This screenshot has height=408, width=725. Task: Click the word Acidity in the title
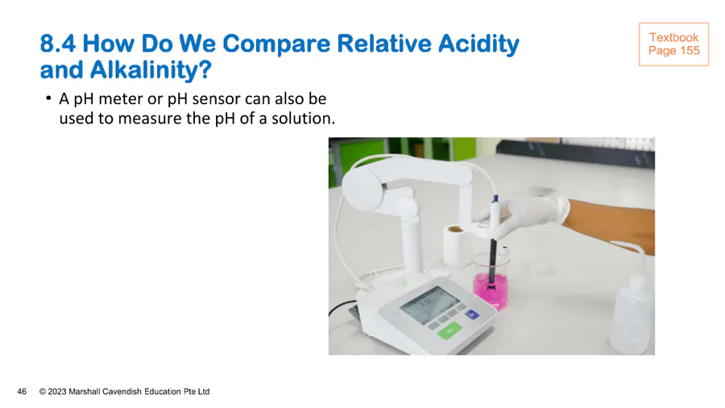478,44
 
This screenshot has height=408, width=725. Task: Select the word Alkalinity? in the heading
151,70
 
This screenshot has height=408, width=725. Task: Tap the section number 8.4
58,44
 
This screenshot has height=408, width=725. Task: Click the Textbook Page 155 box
673,44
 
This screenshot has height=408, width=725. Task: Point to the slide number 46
22,392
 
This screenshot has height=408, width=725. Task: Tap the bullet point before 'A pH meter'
48,98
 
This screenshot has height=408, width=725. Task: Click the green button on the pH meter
449,331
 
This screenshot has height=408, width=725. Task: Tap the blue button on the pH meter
471,314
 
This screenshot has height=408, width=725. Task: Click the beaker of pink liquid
491,283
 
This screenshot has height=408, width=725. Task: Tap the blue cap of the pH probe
495,199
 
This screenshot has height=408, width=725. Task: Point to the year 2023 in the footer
57,392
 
